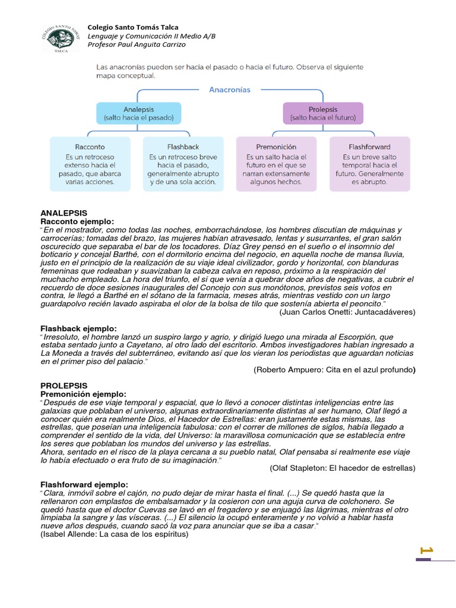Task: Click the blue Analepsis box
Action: click(139, 113)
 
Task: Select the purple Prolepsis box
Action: click(323, 113)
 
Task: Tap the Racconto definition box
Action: click(90, 164)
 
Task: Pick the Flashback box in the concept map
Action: click(183, 164)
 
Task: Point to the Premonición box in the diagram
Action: click(278, 164)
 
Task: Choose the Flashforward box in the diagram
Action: click(369, 164)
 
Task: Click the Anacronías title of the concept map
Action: click(230, 90)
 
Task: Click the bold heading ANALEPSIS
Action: click(64, 213)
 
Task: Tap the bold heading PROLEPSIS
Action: click(64, 385)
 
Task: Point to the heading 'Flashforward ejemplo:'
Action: click(84, 484)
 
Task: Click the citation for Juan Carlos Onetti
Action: click(347, 311)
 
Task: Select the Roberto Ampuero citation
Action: click(335, 369)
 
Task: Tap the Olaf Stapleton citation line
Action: click(343, 468)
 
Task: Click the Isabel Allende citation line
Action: click(114, 534)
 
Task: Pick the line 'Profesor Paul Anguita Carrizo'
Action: click(137, 45)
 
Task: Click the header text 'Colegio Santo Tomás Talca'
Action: click(132, 27)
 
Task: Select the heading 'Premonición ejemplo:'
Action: click(83, 394)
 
